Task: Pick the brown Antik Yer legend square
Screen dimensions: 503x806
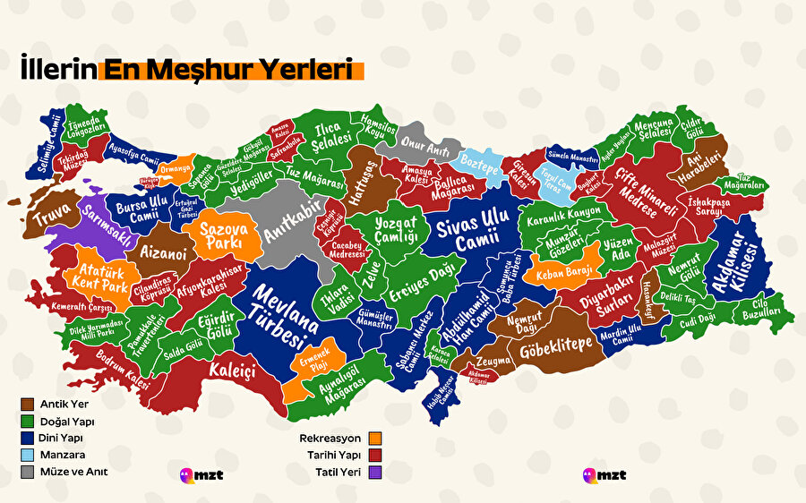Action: [x=28, y=405]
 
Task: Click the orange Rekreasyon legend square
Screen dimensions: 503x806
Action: [x=376, y=439]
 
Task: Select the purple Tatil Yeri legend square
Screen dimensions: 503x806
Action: [x=376, y=471]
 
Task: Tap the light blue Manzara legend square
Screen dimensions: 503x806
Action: [x=28, y=455]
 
